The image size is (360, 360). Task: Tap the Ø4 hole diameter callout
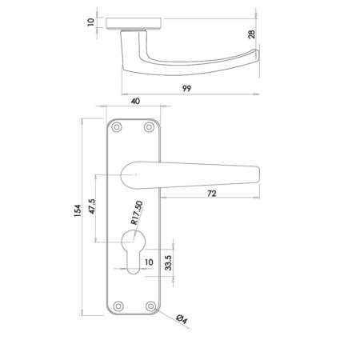(x=182, y=319)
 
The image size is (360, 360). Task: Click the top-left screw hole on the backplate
(x=118, y=127)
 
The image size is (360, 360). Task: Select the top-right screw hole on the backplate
(x=148, y=127)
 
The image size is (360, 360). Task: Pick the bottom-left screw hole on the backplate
(x=118, y=304)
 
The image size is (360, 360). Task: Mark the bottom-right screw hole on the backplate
(x=148, y=304)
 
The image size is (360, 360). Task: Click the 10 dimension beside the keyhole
(x=148, y=262)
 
